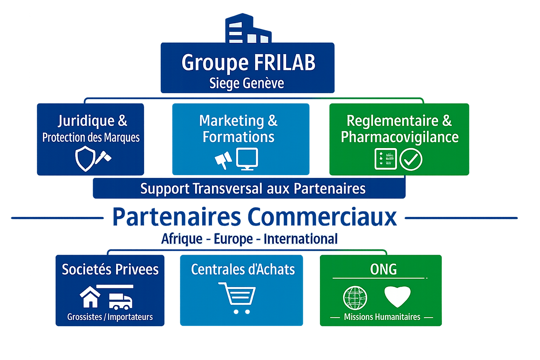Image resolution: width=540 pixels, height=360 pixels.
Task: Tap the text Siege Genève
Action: coord(247,83)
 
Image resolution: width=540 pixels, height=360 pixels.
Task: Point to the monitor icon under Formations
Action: coord(247,158)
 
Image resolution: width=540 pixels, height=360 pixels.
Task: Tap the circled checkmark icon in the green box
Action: coord(411,159)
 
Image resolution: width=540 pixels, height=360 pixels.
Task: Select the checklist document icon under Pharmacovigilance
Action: coord(386,159)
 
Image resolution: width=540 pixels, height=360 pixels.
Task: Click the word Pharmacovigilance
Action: coord(400,137)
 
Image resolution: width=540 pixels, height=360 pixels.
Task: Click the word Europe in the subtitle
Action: coord(234,239)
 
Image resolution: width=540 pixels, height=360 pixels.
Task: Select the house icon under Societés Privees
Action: coord(90,297)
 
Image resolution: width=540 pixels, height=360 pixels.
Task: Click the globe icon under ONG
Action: coord(355,297)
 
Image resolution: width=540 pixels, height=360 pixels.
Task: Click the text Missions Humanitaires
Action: coord(382,317)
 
